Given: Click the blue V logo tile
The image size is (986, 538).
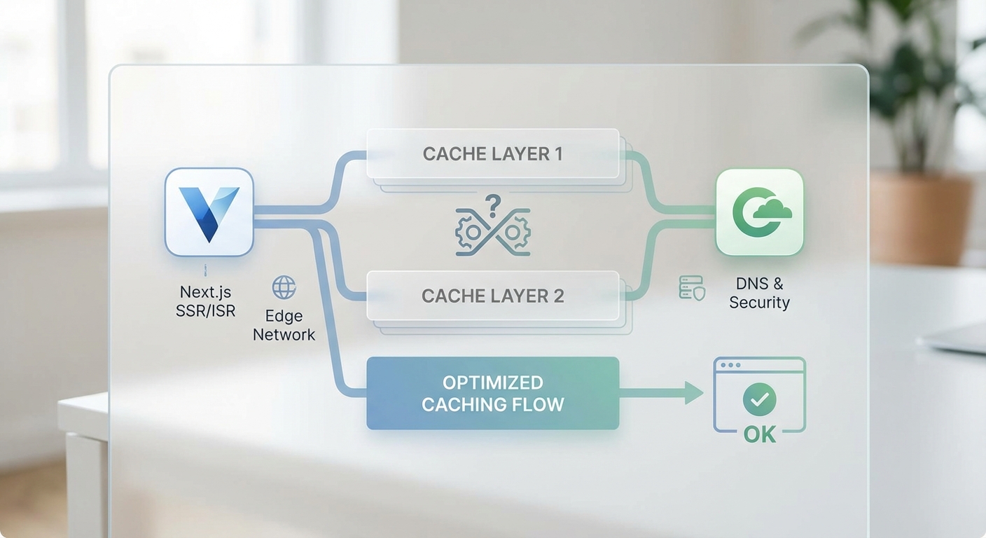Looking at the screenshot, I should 209,212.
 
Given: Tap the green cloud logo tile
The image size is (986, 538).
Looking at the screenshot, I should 759,212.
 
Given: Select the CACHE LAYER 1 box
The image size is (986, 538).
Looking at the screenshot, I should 492,153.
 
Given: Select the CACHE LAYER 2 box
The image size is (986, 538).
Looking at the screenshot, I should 492,296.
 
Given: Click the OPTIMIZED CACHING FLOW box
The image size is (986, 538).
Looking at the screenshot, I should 492,393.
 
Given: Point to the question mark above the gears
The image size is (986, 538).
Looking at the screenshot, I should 493,205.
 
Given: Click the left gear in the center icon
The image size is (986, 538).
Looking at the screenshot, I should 470,232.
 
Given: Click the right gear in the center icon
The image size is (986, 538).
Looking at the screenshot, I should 517,230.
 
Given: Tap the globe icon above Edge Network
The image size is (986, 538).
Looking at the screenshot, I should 284,287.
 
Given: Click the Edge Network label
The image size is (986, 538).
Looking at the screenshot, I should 284,325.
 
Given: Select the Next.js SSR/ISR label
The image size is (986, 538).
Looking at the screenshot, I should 205,301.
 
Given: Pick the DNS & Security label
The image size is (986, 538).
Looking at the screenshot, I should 759,293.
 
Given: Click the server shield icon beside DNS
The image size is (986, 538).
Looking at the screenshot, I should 692,288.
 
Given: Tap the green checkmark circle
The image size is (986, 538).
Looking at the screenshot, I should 759,400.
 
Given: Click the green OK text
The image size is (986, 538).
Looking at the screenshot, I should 759,435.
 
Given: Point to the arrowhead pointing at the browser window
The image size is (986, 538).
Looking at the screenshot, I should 694,393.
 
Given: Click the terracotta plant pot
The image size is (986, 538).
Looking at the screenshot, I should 920,217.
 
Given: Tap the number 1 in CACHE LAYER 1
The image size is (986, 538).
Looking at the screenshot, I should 557,153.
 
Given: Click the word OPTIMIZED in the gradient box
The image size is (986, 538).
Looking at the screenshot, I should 492,382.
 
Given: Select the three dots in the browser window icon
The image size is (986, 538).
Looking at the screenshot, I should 731,366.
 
